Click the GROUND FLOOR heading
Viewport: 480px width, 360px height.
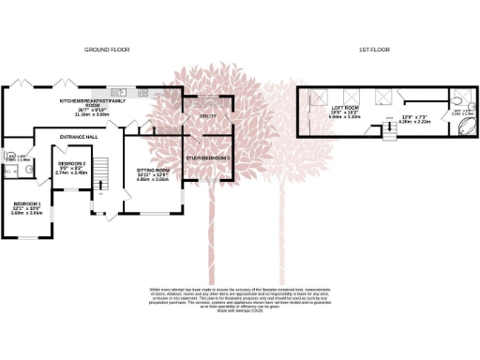click(x=106, y=49)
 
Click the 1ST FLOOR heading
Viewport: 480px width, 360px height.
click(x=374, y=49)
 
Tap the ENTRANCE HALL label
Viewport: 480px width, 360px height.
click(x=80, y=138)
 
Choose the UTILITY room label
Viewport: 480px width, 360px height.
click(x=208, y=117)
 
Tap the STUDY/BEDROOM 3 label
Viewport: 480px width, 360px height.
click(x=207, y=158)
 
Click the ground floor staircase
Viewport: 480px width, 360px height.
click(x=105, y=172)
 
